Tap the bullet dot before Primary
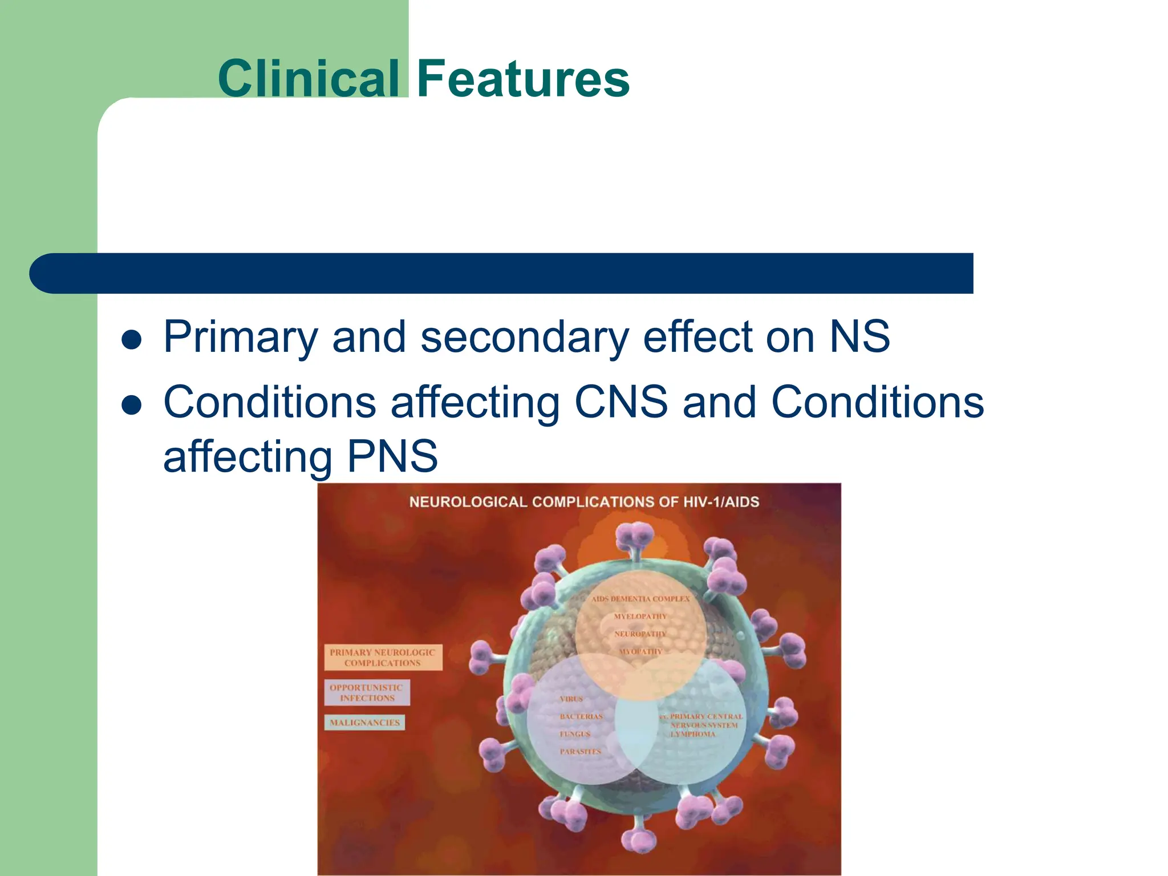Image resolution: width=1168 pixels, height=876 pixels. click(132, 340)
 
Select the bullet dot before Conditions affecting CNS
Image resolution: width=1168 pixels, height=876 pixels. click(132, 405)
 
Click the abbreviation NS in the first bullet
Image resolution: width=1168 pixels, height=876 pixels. click(859, 336)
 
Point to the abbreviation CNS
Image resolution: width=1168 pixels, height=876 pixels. click(621, 402)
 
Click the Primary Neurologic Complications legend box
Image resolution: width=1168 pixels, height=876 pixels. click(383, 658)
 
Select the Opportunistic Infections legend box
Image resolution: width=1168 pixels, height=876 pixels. click(367, 692)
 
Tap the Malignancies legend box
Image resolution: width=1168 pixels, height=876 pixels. click(365, 723)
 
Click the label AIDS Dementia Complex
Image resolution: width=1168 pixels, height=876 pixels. click(640, 599)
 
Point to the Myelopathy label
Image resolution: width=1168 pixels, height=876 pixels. click(640, 617)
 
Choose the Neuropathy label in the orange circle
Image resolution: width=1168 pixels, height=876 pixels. click(640, 634)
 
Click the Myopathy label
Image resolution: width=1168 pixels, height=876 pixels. click(640, 651)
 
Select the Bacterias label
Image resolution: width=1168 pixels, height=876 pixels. click(581, 716)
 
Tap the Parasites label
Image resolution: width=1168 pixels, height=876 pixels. click(580, 752)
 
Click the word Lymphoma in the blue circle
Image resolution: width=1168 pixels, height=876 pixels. click(692, 734)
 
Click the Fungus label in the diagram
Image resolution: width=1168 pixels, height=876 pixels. click(575, 734)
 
